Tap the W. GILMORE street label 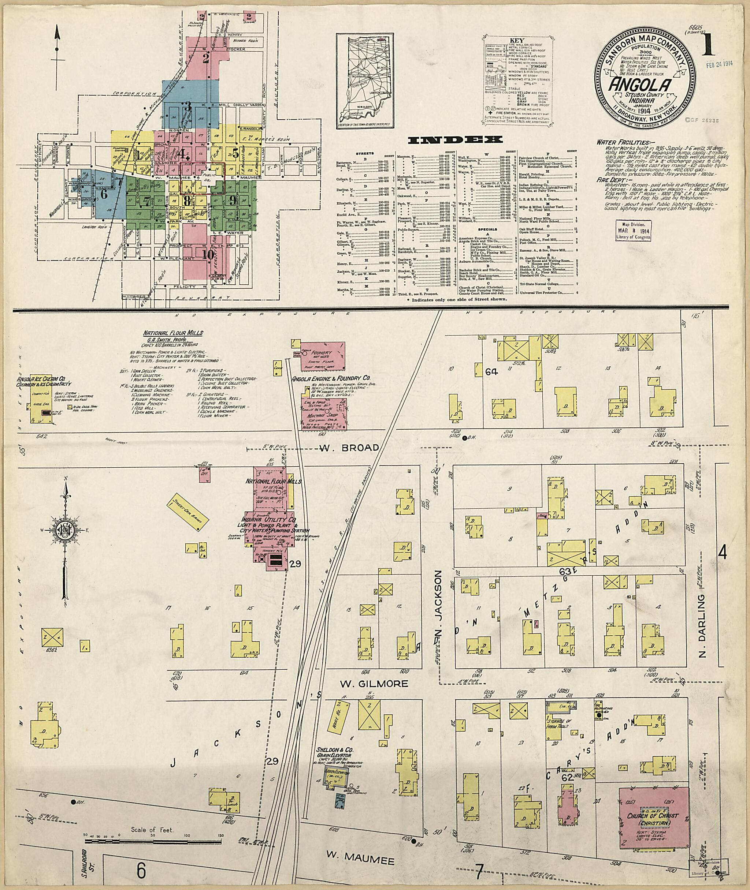[374, 684]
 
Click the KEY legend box [520, 81]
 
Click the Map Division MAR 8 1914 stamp [633, 230]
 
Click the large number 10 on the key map [208, 254]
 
